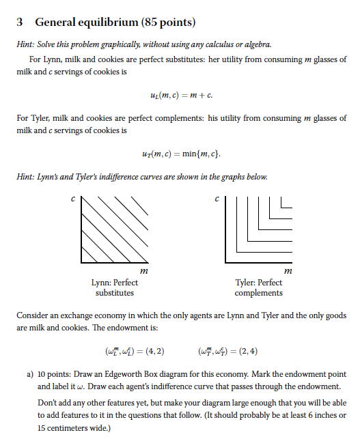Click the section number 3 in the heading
pyautogui.click(x=20, y=23)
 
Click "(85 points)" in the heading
pyautogui.click(x=168, y=23)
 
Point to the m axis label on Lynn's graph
pyautogui.click(x=140, y=272)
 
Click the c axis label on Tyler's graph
pyautogui.click(x=216, y=199)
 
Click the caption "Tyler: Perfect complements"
pyautogui.click(x=258, y=287)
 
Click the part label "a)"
pyautogui.click(x=31, y=375)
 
